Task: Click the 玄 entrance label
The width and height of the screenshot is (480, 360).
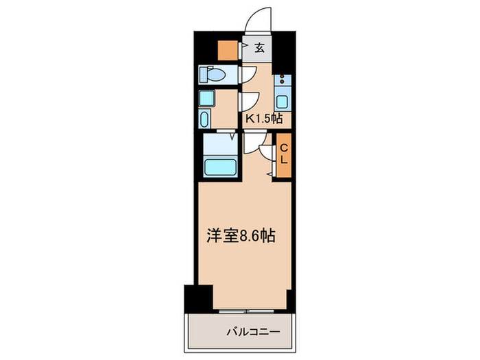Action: tap(261, 48)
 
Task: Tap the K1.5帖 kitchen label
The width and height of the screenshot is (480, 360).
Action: tap(264, 119)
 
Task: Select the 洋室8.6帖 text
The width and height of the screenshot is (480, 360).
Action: tap(242, 237)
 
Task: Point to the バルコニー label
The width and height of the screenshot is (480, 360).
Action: tap(253, 333)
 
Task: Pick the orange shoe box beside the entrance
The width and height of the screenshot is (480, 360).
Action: tap(227, 50)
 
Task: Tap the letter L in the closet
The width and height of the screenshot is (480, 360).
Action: tap(283, 160)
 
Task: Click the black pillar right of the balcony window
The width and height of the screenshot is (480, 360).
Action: tap(291, 299)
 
